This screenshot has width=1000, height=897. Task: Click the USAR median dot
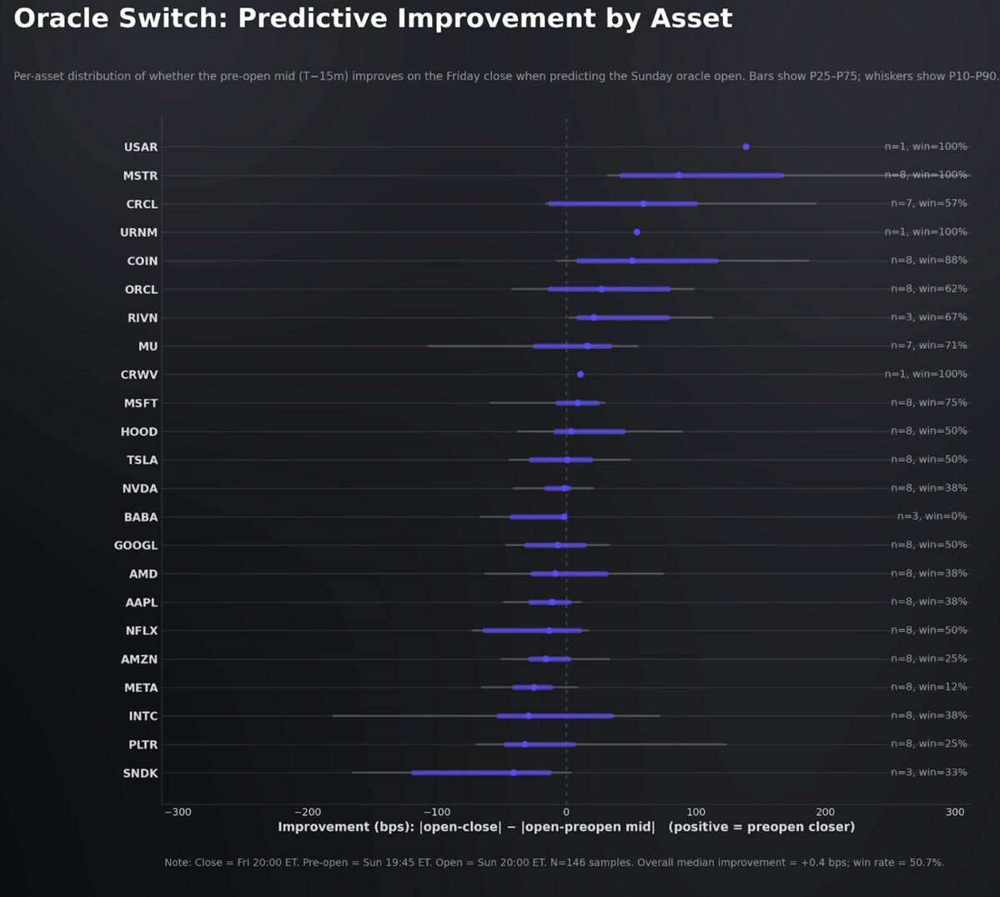pos(746,147)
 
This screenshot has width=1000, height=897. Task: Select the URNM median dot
pos(637,232)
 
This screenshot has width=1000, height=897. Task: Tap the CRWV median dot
pos(580,375)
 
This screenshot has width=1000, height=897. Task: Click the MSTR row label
pos(140,176)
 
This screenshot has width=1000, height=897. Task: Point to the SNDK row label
pos(140,774)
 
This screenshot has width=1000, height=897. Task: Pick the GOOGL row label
pos(136,546)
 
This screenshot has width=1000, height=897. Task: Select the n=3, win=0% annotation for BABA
pos(932,517)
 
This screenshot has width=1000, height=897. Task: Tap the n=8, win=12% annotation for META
pos(929,688)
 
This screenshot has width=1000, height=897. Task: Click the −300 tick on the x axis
pos(177,812)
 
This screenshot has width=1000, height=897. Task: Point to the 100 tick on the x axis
pos(696,812)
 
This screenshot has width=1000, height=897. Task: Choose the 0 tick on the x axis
pos(566,812)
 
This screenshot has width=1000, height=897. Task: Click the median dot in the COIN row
pos(632,261)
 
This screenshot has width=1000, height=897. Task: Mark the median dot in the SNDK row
pos(513,773)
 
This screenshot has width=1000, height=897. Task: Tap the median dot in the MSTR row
pos(679,175)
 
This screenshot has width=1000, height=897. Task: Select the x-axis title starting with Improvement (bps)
pos(566,827)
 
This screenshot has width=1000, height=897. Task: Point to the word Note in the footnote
pos(178,862)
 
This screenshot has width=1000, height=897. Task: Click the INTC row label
pos(143,716)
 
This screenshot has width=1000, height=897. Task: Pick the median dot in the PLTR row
pos(525,744)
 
